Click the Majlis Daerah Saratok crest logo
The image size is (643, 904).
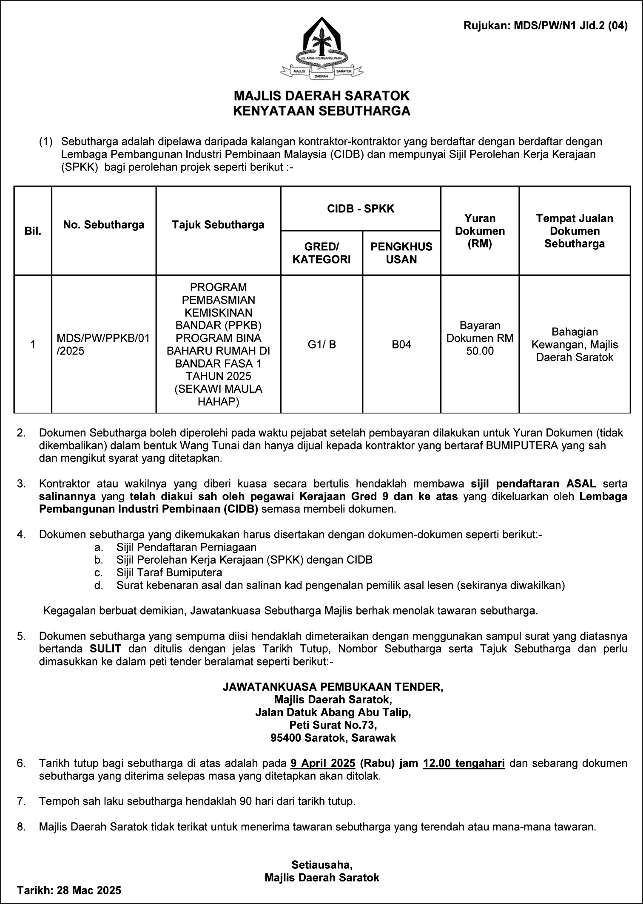(x=321, y=49)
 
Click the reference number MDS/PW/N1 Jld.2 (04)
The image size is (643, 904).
(x=545, y=26)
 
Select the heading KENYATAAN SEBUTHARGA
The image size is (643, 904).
(x=321, y=111)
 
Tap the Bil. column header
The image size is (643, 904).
(x=33, y=231)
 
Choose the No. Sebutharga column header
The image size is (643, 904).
(x=104, y=224)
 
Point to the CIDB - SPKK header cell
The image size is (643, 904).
(x=360, y=208)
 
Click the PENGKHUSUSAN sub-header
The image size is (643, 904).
(x=401, y=253)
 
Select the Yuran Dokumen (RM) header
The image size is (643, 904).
(x=480, y=231)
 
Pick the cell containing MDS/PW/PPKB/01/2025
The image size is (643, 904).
(x=103, y=344)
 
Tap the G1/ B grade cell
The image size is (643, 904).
(x=321, y=344)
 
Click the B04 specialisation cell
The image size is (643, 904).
(x=401, y=344)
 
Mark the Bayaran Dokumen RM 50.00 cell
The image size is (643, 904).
(x=480, y=338)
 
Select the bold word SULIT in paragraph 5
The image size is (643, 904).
(x=105, y=649)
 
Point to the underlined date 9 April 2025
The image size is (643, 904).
(x=323, y=763)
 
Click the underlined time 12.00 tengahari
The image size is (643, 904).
(x=464, y=763)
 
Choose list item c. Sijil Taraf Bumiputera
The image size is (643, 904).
(x=169, y=572)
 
